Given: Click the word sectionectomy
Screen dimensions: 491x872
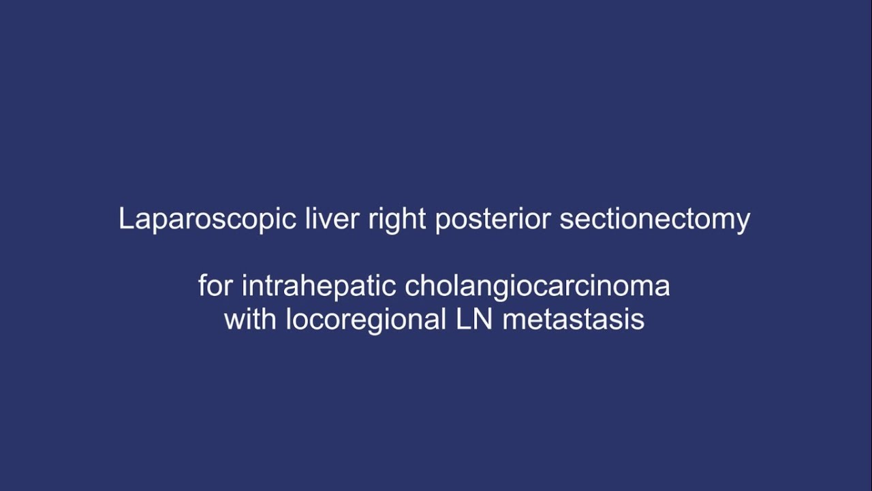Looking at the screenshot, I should pos(655,220).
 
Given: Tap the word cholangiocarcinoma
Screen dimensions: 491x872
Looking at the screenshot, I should pos(538,286).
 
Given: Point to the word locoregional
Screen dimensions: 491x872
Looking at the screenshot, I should pos(365,319).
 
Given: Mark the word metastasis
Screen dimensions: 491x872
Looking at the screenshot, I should pos(574,319).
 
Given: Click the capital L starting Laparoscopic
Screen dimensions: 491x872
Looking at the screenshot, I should pos(125,220).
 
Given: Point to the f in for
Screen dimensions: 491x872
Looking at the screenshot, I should pos(202,286).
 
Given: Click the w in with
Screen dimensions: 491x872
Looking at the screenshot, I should pos(234,319).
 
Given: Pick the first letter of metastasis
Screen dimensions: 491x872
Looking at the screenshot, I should pos(512,321).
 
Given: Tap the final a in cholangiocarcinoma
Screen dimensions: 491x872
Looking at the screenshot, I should pos(663,287).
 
